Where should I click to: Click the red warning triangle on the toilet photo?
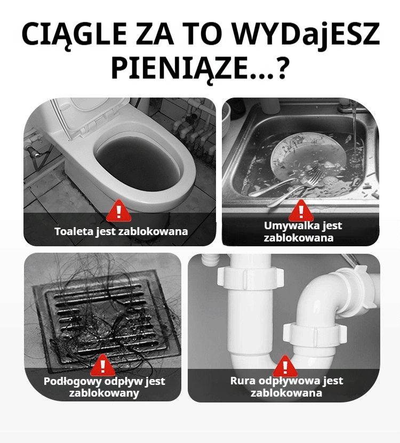coord(119,211)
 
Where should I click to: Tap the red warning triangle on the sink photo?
coord(301,211)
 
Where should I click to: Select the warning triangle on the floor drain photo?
coord(103,366)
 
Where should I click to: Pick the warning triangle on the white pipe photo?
coord(285,366)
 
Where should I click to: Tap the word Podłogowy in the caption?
coord(73,381)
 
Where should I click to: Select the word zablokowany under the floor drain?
coord(104,393)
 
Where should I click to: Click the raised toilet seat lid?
coord(90,118)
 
